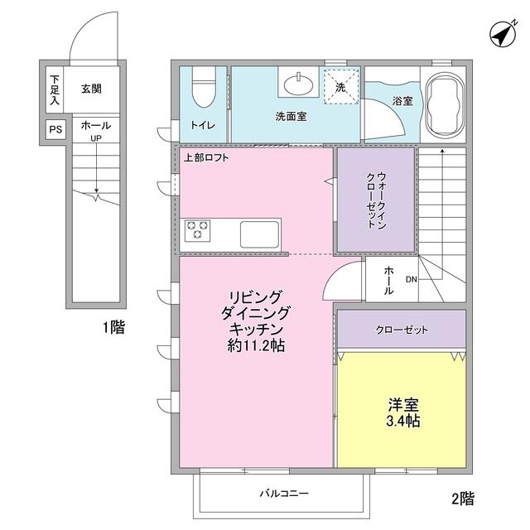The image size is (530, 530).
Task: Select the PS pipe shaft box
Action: pyautogui.click(x=55, y=129)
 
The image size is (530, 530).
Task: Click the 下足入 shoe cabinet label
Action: pyautogui.click(x=55, y=90)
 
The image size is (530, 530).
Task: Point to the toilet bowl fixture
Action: pyautogui.click(x=203, y=88)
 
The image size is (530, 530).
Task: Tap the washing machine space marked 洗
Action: pyautogui.click(x=340, y=85)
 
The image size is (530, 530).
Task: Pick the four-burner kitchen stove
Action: pyautogui.click(x=198, y=230)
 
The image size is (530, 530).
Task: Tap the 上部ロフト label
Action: pyautogui.click(x=206, y=157)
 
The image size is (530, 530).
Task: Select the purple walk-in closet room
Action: pyautogui.click(x=375, y=199)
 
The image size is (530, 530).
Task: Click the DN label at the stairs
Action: pyautogui.click(x=411, y=279)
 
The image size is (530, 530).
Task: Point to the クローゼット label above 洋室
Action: pyautogui.click(x=401, y=330)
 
